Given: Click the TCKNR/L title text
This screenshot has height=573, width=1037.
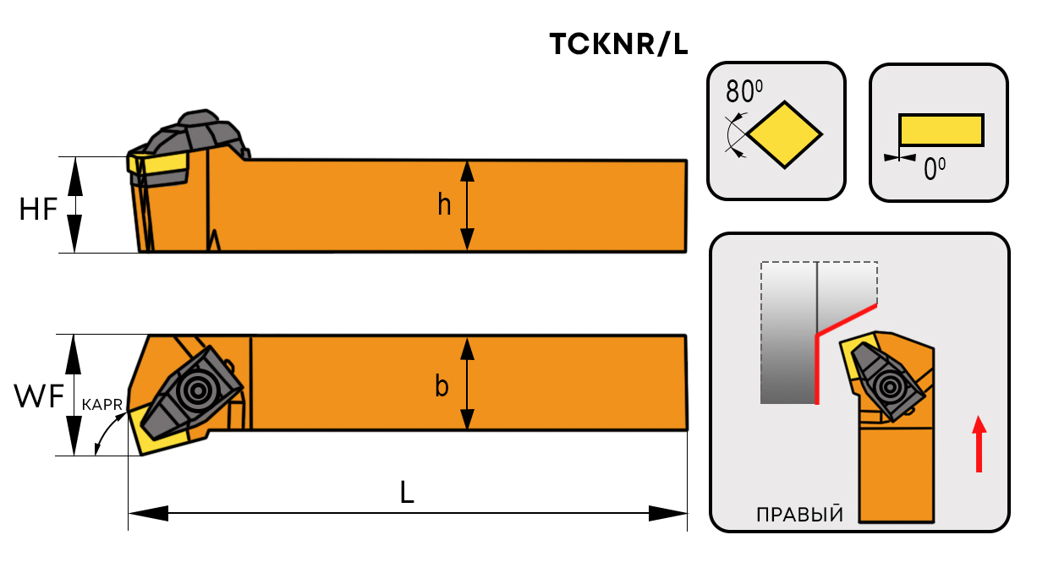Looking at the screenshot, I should [618, 45].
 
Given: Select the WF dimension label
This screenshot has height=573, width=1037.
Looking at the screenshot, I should [39, 396].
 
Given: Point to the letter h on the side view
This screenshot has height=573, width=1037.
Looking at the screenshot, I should [444, 205].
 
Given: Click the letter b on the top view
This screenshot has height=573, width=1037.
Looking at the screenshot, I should [442, 386].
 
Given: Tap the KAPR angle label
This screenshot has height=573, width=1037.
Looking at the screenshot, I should [103, 406].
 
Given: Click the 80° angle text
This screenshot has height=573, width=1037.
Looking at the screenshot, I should [744, 90].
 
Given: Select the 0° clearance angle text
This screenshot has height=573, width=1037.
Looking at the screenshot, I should [934, 170].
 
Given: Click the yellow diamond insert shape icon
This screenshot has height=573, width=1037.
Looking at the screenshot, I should [785, 133].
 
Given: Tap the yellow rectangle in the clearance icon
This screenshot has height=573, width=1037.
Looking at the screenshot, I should [941, 129].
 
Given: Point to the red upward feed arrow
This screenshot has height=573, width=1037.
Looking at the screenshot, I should [979, 444].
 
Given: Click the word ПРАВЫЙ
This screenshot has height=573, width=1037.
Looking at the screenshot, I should [799, 515].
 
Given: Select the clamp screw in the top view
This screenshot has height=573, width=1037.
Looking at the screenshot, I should [199, 390].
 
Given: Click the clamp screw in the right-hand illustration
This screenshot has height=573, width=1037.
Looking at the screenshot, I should [889, 387].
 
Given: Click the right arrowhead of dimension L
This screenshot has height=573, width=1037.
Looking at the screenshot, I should [668, 513].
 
